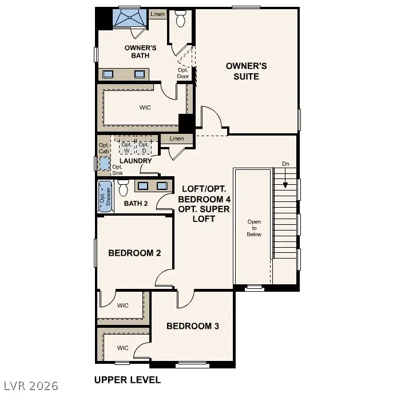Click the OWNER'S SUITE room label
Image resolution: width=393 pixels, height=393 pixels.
[x=246, y=71]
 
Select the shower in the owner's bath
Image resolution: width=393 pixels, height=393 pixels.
[x=129, y=18]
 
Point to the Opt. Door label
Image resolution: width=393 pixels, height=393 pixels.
[x=182, y=73]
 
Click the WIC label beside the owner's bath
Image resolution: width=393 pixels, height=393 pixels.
[x=145, y=108]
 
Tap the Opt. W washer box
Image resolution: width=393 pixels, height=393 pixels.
[x=126, y=148]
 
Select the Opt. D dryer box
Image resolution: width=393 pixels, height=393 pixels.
[x=144, y=148]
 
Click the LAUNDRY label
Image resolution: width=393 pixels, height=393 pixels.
[x=136, y=161]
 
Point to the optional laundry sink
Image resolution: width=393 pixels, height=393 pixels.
[x=104, y=164]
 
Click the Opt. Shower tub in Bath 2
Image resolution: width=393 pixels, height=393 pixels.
[x=105, y=197]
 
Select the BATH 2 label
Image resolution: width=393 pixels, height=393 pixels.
[x=136, y=203]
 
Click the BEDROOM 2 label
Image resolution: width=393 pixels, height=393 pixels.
[x=134, y=253]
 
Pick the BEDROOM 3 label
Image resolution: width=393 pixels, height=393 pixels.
[x=193, y=326]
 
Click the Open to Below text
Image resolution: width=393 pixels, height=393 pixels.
[x=254, y=228]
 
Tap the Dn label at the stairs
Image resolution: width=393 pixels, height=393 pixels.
[x=285, y=164]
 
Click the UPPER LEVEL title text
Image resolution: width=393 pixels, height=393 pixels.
[x=127, y=379]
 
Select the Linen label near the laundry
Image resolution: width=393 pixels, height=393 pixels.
[x=177, y=138]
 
